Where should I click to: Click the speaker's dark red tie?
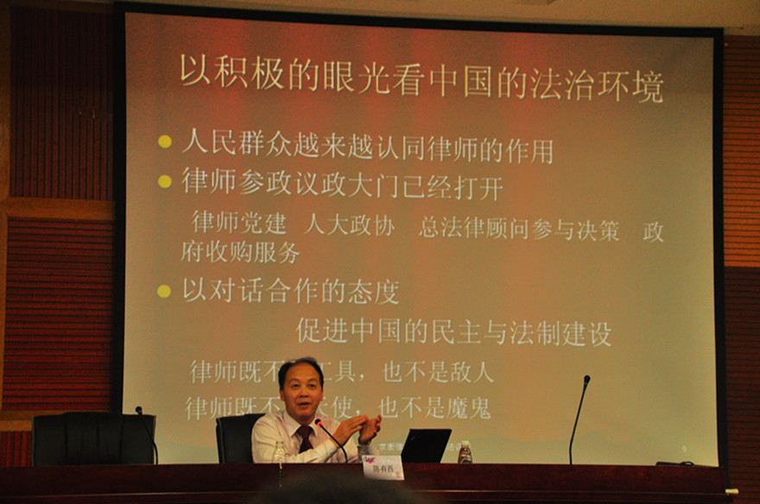[x=304, y=438]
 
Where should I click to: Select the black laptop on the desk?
[x=426, y=445]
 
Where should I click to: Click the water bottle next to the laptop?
[x=465, y=452]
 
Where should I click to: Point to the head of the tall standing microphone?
[x=586, y=380]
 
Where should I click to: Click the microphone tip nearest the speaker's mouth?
[x=319, y=423]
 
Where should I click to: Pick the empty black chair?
[x=94, y=438]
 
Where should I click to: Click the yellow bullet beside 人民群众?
[x=164, y=142]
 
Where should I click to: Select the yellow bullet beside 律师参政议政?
[x=164, y=181]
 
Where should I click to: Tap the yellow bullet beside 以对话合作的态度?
[x=164, y=291]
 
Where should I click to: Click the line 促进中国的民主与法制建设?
[x=453, y=331]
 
